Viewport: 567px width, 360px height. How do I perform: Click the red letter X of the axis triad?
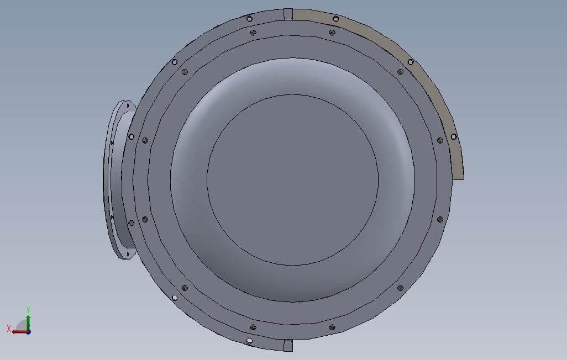(x=9, y=329)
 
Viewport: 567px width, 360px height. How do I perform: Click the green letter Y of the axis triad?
(x=28, y=309)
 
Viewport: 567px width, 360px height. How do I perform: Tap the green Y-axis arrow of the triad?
(x=28, y=322)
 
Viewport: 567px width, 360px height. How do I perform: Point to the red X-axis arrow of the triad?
(x=20, y=332)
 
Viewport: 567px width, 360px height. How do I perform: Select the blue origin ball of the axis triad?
(x=29, y=331)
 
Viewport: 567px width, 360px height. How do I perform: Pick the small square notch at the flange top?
(x=288, y=14)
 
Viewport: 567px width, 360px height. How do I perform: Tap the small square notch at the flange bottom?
(x=288, y=346)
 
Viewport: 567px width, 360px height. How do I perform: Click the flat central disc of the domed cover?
(x=292, y=179)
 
